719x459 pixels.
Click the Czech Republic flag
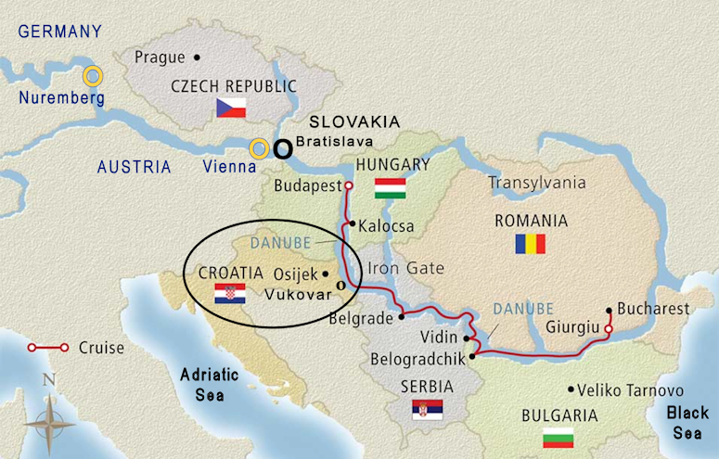(231, 107)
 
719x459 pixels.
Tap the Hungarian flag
(390, 188)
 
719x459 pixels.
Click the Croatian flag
(230, 294)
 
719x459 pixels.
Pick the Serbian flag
(428, 409)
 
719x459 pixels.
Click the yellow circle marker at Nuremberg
(93, 76)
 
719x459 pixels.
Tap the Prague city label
(160, 57)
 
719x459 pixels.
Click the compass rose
(49, 420)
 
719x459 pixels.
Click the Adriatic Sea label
(210, 383)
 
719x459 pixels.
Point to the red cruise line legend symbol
(47, 348)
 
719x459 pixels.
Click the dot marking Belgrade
(402, 316)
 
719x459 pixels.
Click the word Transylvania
(538, 184)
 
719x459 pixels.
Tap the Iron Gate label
(406, 269)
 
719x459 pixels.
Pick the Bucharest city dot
(609, 310)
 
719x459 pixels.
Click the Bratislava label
(340, 142)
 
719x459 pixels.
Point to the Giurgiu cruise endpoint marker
(609, 328)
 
